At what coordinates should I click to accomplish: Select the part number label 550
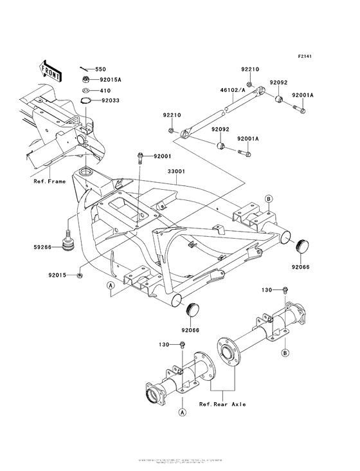pos(100,69)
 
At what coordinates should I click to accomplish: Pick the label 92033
pos(108,100)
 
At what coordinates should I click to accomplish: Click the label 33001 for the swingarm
pos(177,172)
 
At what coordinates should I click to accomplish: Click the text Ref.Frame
pos(50,181)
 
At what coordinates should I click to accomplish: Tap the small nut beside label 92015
pos(78,275)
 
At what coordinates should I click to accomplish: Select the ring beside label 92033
pos(86,100)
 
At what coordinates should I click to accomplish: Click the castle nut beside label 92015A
pos(86,79)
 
